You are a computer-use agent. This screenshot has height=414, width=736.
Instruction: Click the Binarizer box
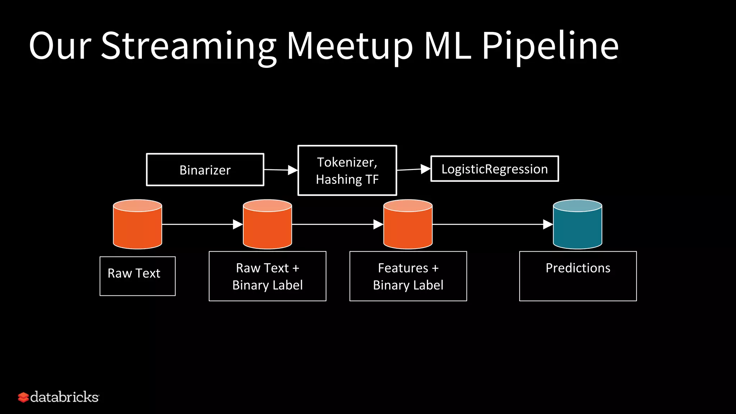205,170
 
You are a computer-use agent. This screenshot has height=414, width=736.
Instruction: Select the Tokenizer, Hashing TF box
347,170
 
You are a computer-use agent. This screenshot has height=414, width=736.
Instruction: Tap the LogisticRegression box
494,169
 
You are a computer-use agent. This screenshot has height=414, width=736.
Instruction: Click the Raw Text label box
137,276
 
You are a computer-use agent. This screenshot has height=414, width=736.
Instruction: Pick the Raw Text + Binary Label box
267,276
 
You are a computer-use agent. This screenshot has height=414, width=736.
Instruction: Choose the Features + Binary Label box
408,276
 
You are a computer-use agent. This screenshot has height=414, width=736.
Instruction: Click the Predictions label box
578,276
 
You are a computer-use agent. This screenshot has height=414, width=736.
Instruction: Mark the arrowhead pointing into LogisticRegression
425,169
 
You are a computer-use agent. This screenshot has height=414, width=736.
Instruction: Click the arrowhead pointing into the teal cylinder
548,224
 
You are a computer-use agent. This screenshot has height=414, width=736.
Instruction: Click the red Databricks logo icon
23,397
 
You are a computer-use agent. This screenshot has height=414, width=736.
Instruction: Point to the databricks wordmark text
64,397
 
